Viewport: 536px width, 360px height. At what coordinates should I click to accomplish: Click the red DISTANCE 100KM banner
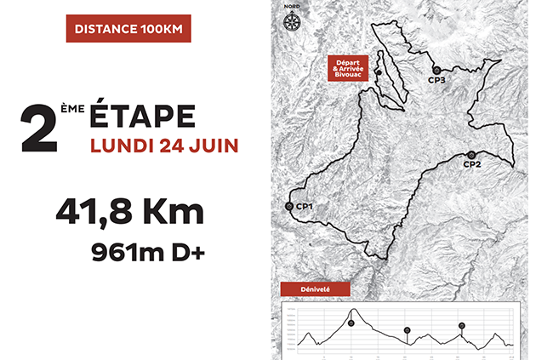click(x=128, y=28)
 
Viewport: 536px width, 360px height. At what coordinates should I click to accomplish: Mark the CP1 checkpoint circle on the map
click(x=289, y=206)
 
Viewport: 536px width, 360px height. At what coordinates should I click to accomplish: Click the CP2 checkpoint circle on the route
click(x=470, y=154)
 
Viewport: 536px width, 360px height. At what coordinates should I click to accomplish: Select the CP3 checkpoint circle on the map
click(x=436, y=70)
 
